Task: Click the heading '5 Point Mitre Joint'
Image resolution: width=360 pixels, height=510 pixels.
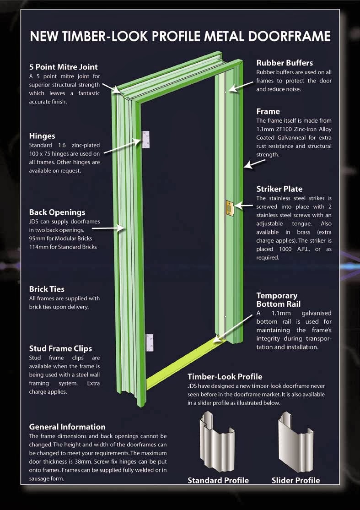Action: point(64,67)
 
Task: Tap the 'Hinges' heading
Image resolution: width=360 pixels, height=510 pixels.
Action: point(42,136)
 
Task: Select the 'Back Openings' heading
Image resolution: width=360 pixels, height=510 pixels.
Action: point(57,212)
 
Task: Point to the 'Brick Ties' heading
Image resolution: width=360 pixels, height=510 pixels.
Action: point(47,289)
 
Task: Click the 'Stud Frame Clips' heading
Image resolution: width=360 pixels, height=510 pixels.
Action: point(60,349)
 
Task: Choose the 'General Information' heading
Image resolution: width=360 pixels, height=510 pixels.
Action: point(67,427)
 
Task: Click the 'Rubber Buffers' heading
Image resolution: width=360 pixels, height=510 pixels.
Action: point(285,63)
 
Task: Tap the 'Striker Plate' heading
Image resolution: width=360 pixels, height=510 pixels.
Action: point(279,189)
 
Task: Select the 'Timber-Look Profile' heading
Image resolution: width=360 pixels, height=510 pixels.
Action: point(225,376)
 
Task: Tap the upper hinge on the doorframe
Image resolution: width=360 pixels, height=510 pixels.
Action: point(146,140)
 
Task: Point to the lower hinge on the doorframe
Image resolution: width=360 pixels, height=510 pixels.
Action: point(149,342)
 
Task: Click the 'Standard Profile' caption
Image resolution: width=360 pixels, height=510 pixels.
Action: point(218,480)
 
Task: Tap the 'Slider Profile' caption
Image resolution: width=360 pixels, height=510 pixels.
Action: point(296,480)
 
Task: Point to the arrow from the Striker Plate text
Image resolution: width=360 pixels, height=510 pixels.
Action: point(244,206)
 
